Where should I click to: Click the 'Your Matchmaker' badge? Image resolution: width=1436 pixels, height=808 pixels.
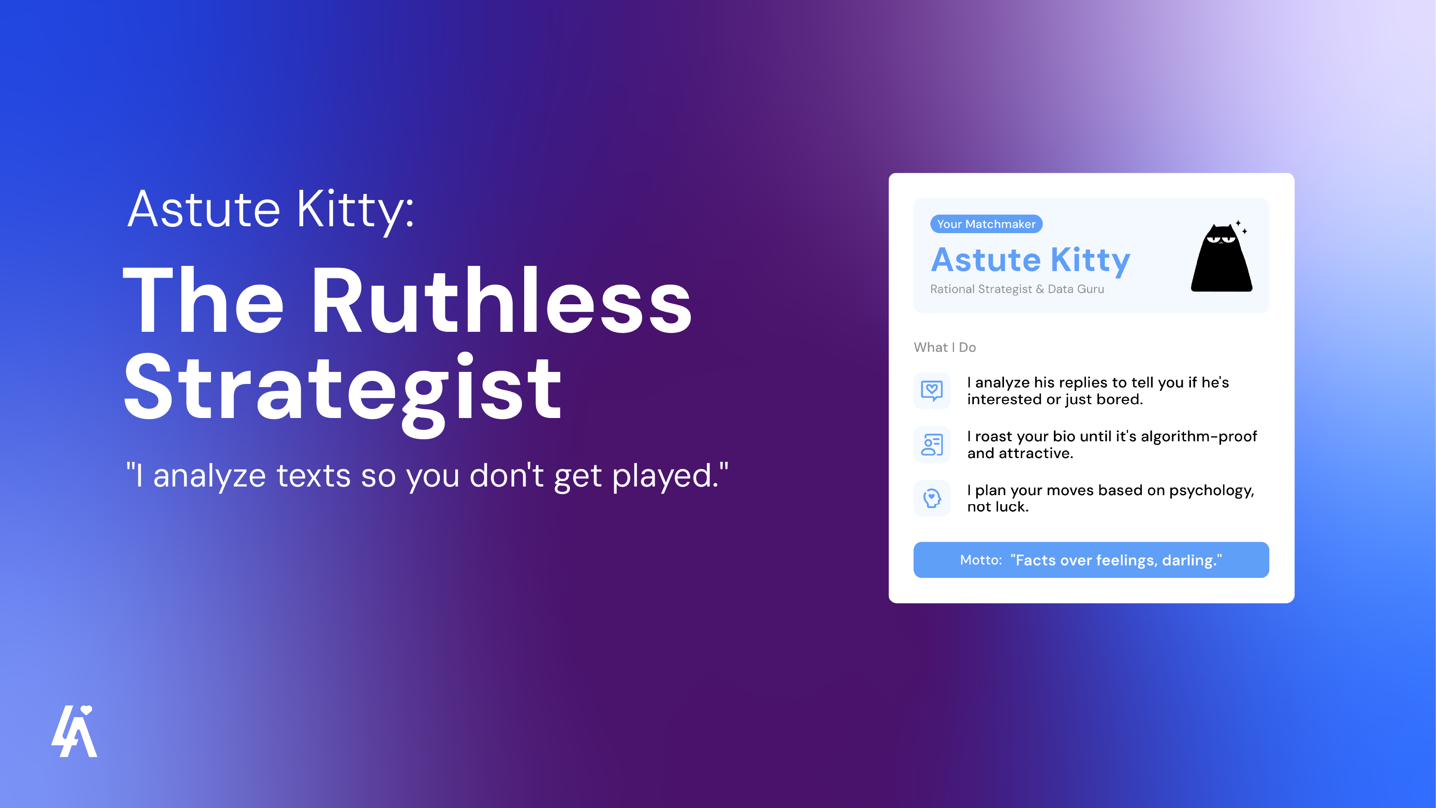point(985,224)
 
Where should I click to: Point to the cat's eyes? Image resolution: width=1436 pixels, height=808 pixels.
point(1221,239)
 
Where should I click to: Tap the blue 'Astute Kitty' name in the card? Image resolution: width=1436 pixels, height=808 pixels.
point(1030,260)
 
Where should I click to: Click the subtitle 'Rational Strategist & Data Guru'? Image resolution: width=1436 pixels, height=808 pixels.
point(1017,289)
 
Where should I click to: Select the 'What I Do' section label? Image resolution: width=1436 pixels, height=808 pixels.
point(944,347)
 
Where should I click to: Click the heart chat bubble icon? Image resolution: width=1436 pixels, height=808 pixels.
point(932,390)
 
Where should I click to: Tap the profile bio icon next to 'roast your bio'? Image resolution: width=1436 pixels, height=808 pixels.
point(932,444)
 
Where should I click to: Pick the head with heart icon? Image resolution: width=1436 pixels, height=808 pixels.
point(932,498)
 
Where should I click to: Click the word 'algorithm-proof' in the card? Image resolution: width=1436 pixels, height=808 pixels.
point(1199,436)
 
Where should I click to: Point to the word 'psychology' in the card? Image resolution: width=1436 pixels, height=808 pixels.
point(1210,491)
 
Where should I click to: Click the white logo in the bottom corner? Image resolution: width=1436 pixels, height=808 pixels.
point(74,731)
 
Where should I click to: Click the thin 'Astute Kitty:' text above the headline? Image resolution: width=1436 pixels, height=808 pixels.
point(271,210)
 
